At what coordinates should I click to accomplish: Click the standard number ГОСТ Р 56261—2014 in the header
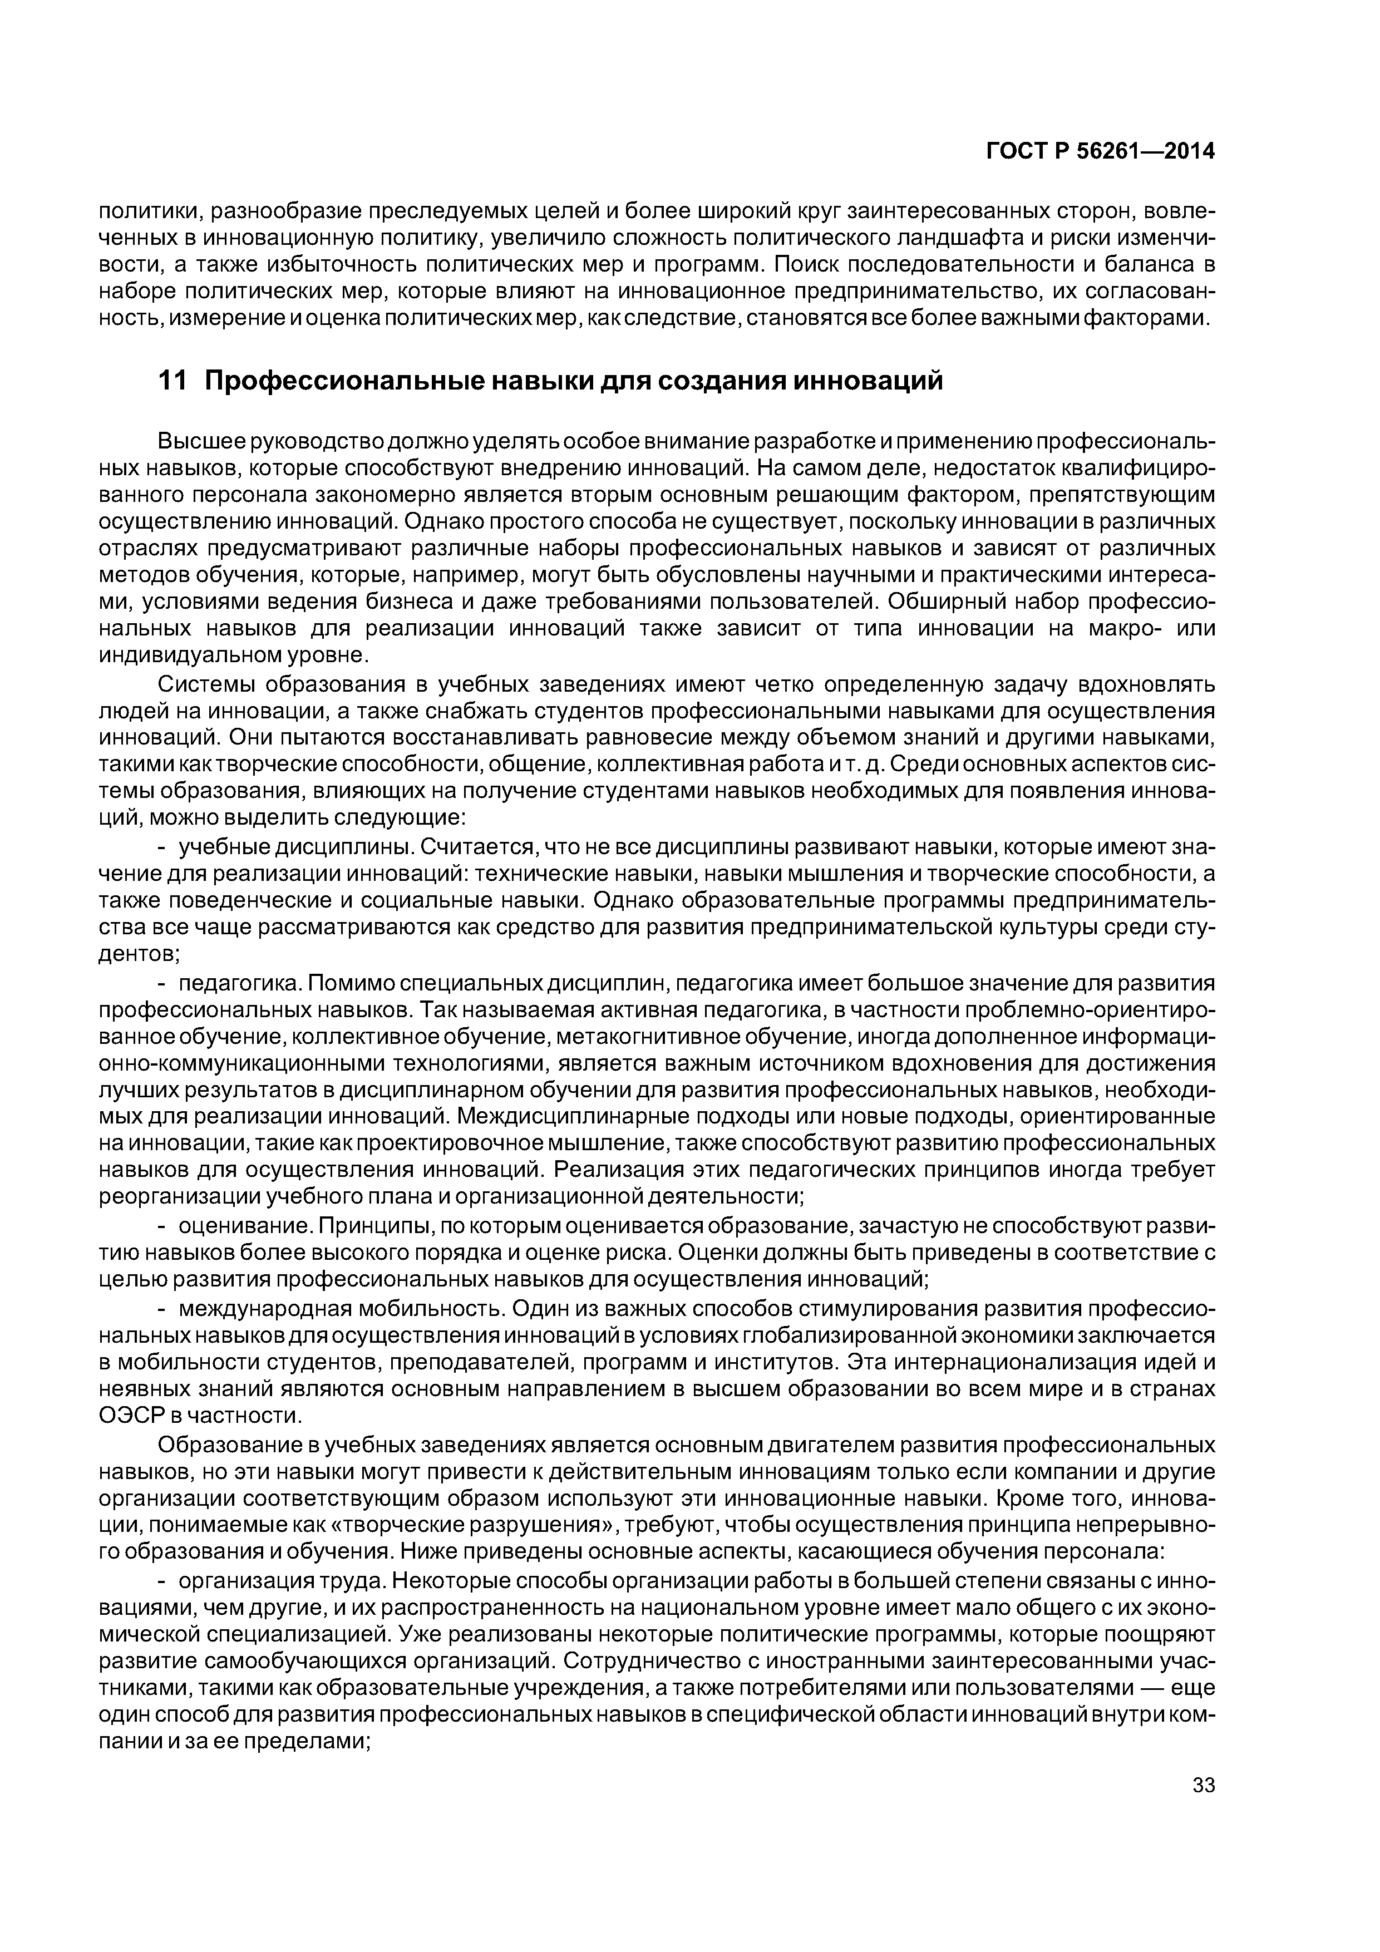tap(1100, 151)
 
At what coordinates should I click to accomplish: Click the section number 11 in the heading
tap(172, 382)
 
